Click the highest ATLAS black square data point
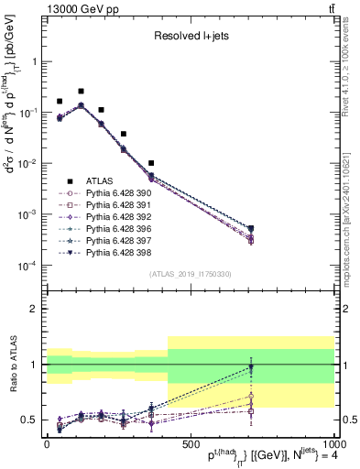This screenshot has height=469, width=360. (81, 92)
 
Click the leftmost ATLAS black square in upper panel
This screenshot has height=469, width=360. (60, 102)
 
